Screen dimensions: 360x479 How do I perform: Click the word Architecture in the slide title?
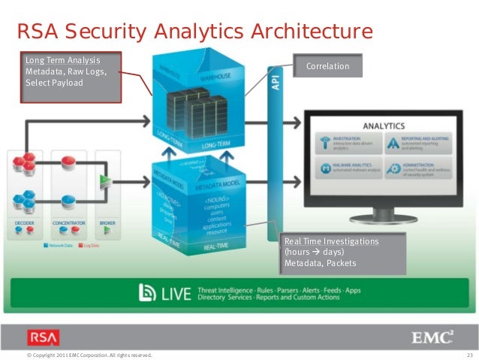pyautogui.click(x=315, y=32)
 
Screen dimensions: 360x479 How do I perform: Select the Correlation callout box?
pyautogui.click(x=327, y=66)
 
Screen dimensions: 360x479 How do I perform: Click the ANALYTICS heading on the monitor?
pyautogui.click(x=384, y=126)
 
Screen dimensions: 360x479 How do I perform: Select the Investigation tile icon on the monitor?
pyautogui.click(x=322, y=142)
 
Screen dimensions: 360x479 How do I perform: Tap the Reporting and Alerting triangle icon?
pyautogui.click(x=395, y=142)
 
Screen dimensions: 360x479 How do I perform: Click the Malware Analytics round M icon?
pyautogui.click(x=322, y=169)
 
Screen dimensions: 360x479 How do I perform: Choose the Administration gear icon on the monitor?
pyautogui.click(x=395, y=169)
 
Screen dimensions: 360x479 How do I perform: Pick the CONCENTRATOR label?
pyautogui.click(x=67, y=223)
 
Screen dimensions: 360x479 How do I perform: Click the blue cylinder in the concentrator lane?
pyautogui.click(x=65, y=200)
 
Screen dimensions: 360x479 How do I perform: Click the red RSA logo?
pyautogui.click(x=42, y=337)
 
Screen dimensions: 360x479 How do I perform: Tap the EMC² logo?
pyautogui.click(x=433, y=336)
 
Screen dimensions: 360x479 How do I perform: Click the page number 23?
pyautogui.click(x=470, y=354)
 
